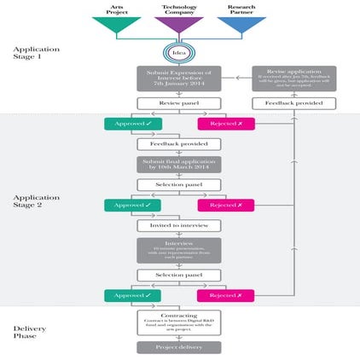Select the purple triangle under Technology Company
tap(178, 25)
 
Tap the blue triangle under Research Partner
tap(241, 25)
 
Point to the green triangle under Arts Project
tap(116, 25)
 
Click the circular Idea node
tap(178, 52)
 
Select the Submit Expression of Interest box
tap(178, 78)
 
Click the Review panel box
tap(178, 103)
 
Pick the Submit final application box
tap(178, 165)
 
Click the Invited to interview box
tap(178, 226)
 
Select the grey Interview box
tap(178, 250)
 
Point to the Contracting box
tap(178, 322)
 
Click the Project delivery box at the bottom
tap(178, 347)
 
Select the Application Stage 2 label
tap(32, 200)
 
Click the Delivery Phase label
tap(29, 331)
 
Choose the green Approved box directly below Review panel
tap(131, 124)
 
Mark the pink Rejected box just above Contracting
tap(225, 295)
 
